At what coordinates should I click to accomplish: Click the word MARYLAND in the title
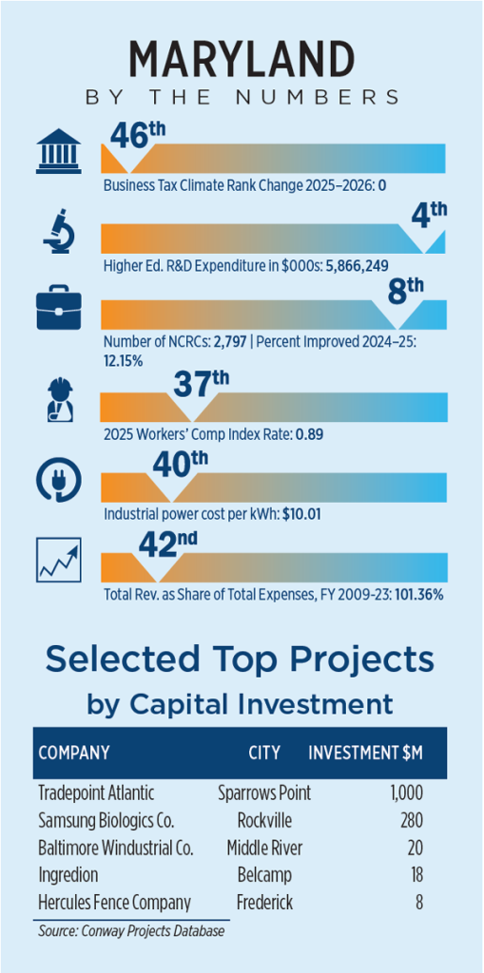(242, 59)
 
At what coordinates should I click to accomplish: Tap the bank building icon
(58, 151)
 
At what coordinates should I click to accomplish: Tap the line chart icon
(58, 560)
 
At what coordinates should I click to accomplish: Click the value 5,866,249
(358, 266)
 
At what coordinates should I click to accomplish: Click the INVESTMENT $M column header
(366, 753)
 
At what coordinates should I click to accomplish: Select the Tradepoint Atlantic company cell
(96, 792)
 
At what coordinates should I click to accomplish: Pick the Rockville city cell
(264, 821)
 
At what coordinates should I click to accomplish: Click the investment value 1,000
(406, 792)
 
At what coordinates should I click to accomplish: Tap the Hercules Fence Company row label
(114, 903)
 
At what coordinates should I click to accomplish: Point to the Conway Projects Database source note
(130, 931)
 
